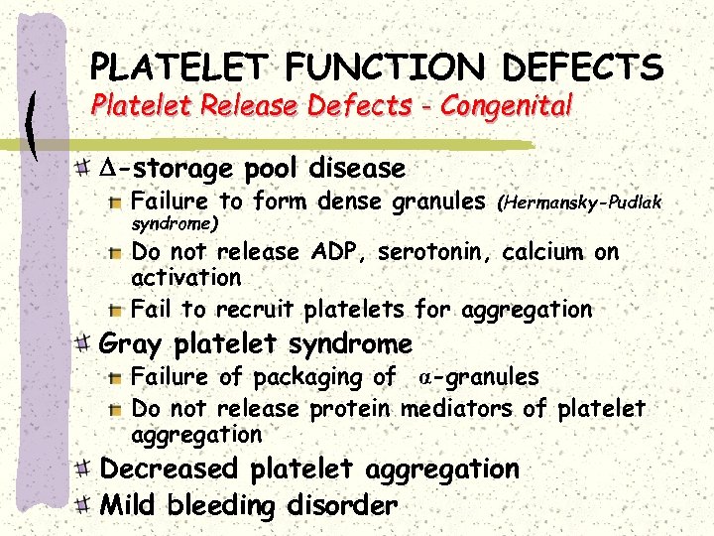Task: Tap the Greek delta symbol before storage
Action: click(x=108, y=169)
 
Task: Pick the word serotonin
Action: click(x=438, y=252)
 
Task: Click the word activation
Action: click(x=186, y=277)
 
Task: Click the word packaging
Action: click(x=310, y=377)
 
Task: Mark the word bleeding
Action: click(x=221, y=505)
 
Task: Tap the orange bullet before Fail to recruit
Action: click(x=116, y=310)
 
